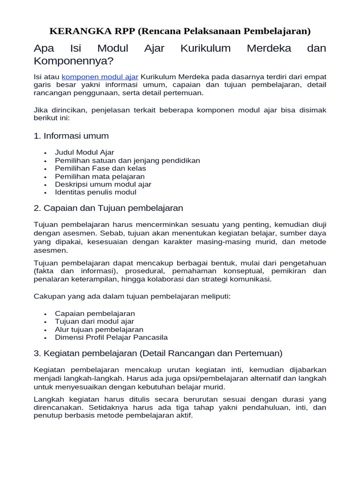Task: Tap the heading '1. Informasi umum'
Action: click(71, 136)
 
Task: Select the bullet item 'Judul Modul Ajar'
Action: click(84, 152)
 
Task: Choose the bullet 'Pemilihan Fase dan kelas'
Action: click(100, 168)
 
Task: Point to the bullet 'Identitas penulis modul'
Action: click(96, 192)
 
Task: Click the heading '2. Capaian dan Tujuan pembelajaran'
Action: click(108, 208)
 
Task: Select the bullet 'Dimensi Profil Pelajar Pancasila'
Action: click(111, 337)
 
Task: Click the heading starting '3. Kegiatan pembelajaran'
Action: click(158, 353)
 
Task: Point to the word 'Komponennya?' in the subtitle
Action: click(74, 61)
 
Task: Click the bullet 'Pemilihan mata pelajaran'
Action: click(100, 177)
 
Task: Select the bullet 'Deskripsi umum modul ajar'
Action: click(103, 184)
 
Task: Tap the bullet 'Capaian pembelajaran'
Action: click(95, 314)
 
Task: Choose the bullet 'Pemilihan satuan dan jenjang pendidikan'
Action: click(127, 160)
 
